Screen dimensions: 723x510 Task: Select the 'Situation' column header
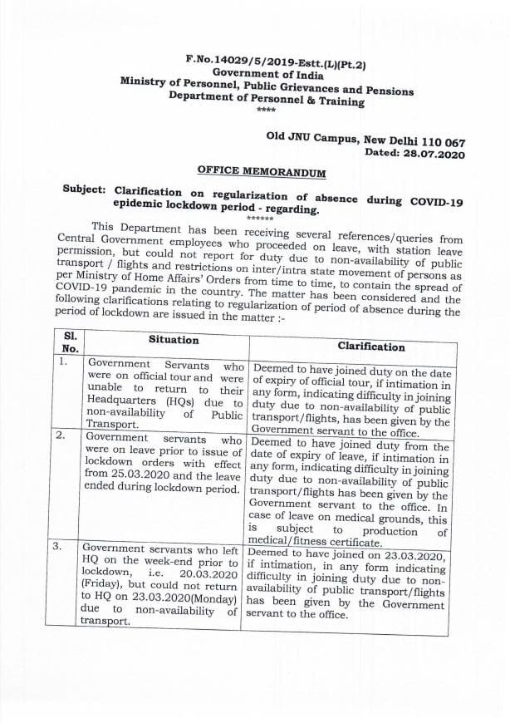(174, 340)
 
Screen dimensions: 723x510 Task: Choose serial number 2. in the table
(62, 435)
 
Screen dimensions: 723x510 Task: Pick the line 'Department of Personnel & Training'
(266, 100)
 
